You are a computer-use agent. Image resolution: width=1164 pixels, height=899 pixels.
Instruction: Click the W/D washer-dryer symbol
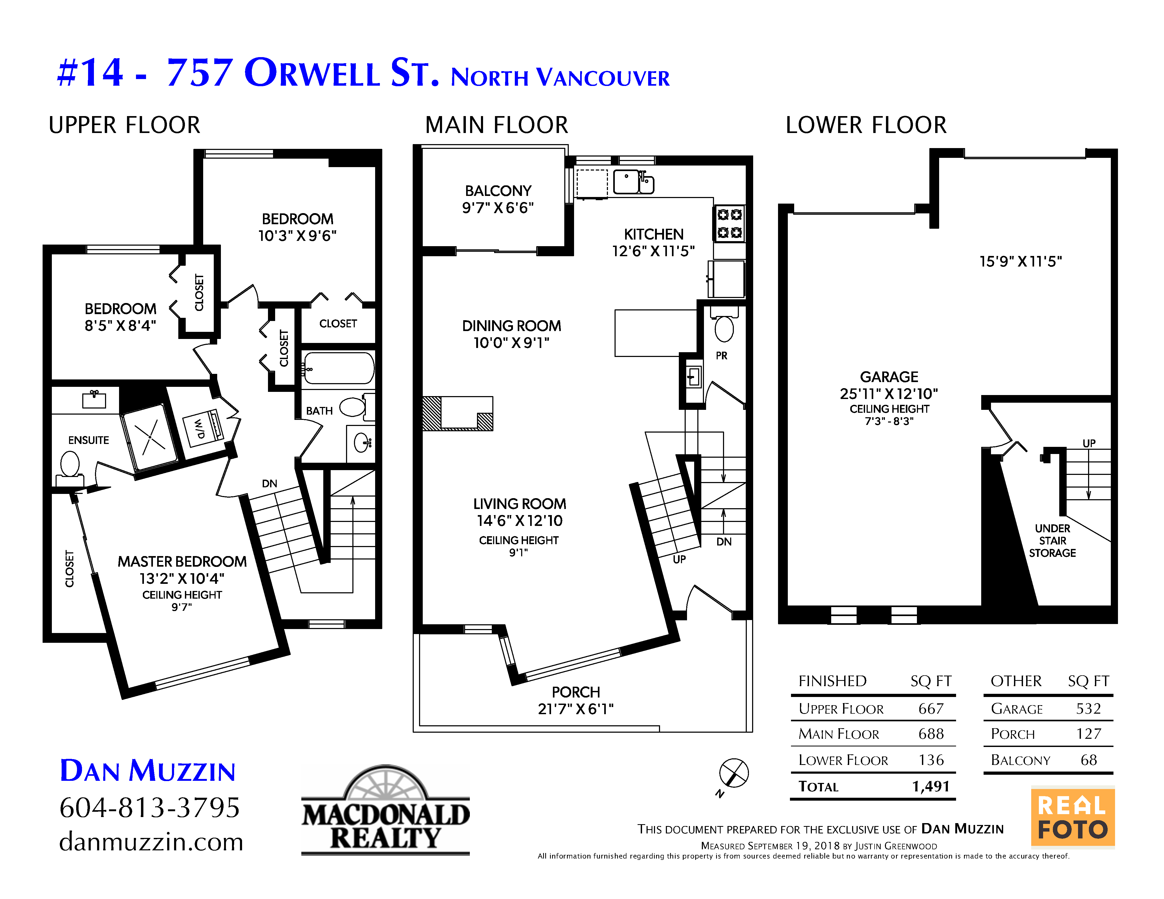pyautogui.click(x=203, y=428)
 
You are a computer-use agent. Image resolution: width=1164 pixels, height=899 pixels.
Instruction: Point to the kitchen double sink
pyautogui.click(x=633, y=182)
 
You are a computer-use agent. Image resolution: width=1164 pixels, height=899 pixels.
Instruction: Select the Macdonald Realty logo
pyautogui.click(x=385, y=810)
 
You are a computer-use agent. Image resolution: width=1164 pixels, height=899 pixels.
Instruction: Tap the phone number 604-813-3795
pyautogui.click(x=150, y=808)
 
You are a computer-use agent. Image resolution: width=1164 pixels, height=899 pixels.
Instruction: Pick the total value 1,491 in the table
pyautogui.click(x=931, y=786)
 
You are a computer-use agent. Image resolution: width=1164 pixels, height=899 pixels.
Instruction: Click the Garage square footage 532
pyautogui.click(x=1088, y=708)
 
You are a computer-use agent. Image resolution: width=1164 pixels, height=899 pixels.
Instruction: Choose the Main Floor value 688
pyautogui.click(x=931, y=734)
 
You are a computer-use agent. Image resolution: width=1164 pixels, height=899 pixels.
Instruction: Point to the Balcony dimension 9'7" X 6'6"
pyautogui.click(x=498, y=208)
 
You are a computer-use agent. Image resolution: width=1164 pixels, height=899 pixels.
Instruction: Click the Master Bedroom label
pyautogui.click(x=182, y=561)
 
